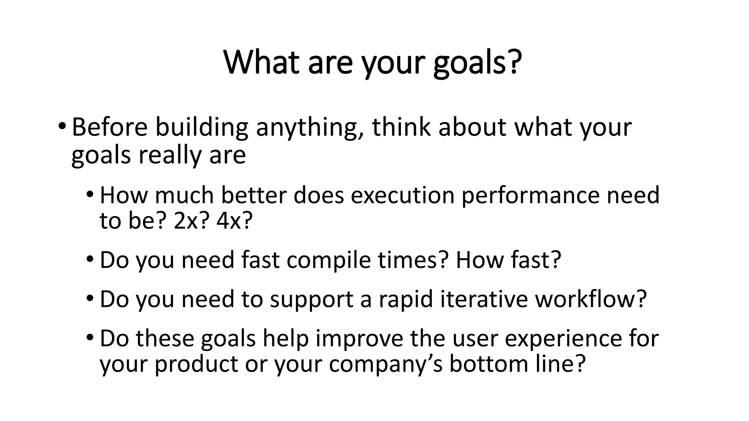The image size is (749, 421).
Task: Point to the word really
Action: (x=170, y=155)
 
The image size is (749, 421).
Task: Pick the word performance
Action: (x=531, y=196)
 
